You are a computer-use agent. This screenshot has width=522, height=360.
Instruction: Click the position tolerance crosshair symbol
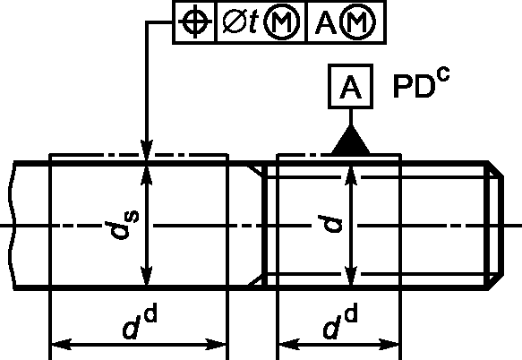[x=195, y=22]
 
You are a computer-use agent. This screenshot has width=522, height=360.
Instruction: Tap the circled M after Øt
[x=282, y=22]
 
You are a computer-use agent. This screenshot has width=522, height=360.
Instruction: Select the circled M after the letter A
[x=358, y=22]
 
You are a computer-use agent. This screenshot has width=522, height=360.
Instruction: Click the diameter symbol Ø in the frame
[x=235, y=21]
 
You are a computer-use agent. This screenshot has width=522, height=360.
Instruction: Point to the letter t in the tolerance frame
[x=253, y=22]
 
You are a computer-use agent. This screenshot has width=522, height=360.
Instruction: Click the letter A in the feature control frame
[x=327, y=22]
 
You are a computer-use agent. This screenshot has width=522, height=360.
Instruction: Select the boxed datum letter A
[x=350, y=87]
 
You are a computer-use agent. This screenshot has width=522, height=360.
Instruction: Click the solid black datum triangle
[x=351, y=140]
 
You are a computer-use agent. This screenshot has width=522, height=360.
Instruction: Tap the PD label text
[x=415, y=86]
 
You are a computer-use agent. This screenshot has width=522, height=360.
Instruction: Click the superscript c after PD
[x=444, y=74]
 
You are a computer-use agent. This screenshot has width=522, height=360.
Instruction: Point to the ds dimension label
[x=122, y=226]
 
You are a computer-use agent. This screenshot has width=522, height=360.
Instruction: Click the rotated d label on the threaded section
[x=329, y=224]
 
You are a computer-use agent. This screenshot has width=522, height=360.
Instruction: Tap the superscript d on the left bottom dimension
[x=150, y=314]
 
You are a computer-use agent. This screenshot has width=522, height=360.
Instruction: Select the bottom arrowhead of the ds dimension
[x=147, y=275]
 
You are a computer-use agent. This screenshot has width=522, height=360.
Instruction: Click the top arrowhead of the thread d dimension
[x=351, y=176]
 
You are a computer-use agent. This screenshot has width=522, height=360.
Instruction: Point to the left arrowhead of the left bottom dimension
[x=61, y=345]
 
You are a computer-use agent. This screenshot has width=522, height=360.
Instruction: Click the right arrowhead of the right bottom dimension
[x=389, y=345]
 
